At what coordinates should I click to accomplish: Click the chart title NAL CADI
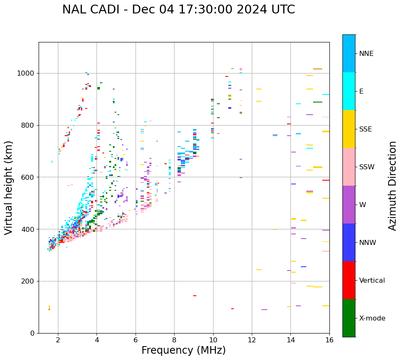point(178,10)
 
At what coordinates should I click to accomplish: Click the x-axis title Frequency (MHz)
point(183,350)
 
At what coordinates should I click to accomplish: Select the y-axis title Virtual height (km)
point(9,188)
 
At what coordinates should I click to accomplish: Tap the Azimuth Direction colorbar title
point(392,186)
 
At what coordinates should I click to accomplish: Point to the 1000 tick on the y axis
point(28,74)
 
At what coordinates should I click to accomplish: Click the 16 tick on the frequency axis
point(329,339)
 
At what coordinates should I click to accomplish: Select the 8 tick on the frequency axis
point(174,339)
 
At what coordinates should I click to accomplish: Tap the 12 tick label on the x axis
point(252,339)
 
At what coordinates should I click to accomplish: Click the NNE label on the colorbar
point(366,54)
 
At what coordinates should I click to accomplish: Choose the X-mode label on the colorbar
point(372,318)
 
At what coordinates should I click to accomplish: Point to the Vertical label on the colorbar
point(372,281)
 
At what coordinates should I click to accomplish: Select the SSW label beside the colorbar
point(367,167)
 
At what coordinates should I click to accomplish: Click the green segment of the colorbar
point(349,318)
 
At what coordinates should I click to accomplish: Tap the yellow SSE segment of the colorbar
point(349,129)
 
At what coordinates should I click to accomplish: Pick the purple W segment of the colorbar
point(349,205)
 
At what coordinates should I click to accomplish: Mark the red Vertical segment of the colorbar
point(349,280)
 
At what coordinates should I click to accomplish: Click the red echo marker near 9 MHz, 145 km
point(195,296)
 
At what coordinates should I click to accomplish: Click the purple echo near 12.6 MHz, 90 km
point(264,310)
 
